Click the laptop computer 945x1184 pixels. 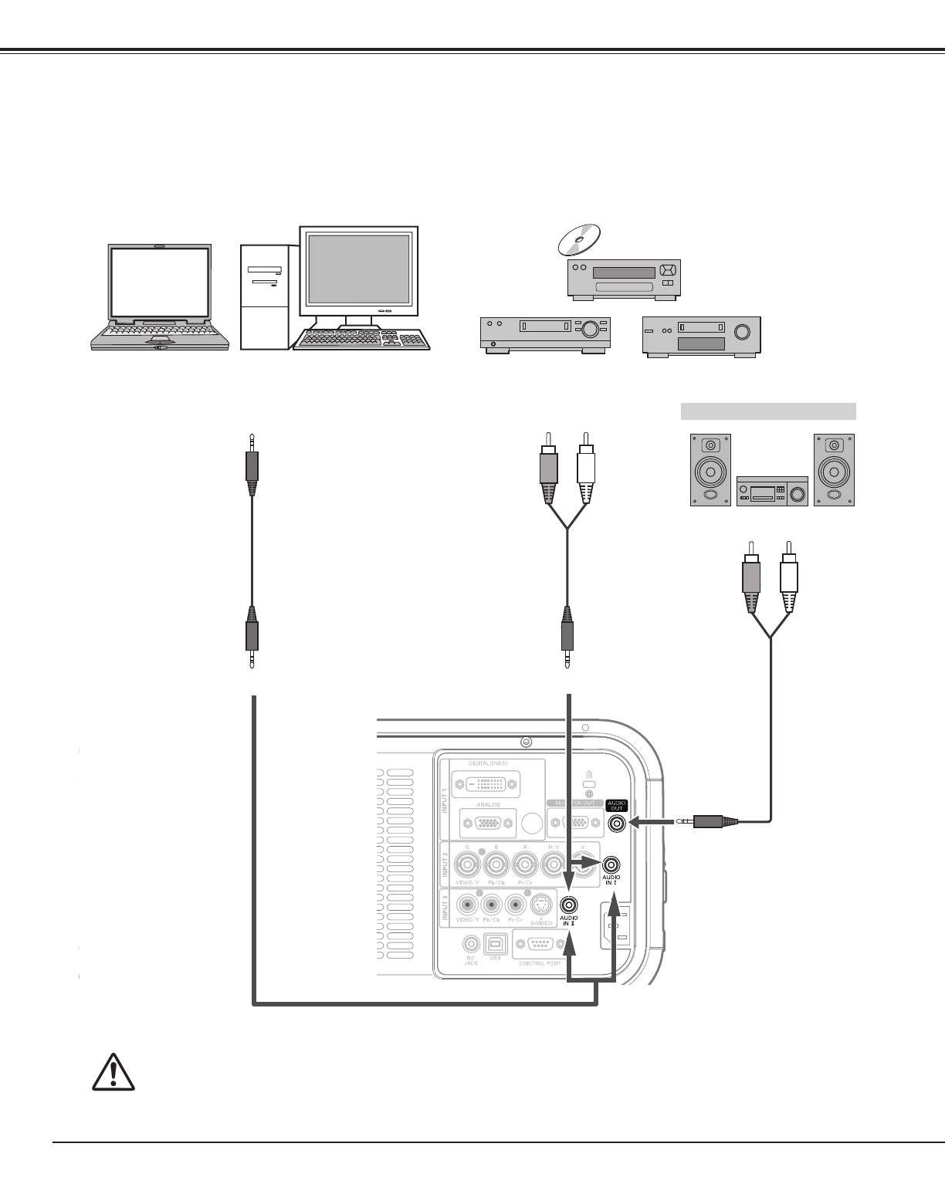160,298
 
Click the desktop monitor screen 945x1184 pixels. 358,269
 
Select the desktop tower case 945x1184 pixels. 265,297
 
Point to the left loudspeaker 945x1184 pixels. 710,469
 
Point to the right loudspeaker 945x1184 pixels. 834,469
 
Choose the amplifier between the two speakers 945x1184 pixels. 772,490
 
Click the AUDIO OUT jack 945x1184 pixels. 617,824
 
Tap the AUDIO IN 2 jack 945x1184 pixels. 569,905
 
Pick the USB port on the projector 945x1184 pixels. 493,944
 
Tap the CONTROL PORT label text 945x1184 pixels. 540,963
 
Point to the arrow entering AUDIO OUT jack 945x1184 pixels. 647,823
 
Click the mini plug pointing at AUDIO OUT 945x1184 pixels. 709,823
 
